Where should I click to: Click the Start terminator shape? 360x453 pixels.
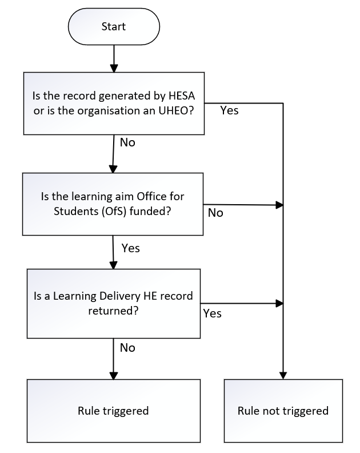tap(113, 26)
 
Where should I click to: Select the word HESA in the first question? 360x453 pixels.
tap(178, 95)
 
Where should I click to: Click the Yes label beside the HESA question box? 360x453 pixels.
tap(229, 110)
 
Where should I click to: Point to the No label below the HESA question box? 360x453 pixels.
tap(127, 142)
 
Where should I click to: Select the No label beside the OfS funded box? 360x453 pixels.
tap(215, 213)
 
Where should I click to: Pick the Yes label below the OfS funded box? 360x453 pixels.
tap(130, 248)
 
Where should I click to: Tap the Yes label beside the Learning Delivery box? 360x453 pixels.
tap(212, 313)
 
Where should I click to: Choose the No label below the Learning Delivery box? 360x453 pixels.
tap(127, 347)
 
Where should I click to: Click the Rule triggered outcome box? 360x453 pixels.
tap(113, 411)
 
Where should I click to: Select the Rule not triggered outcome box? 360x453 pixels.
tap(283, 411)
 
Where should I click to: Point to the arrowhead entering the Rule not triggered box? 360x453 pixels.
tap(283, 375)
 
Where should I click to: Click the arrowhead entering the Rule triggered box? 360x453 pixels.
tap(113, 375)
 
